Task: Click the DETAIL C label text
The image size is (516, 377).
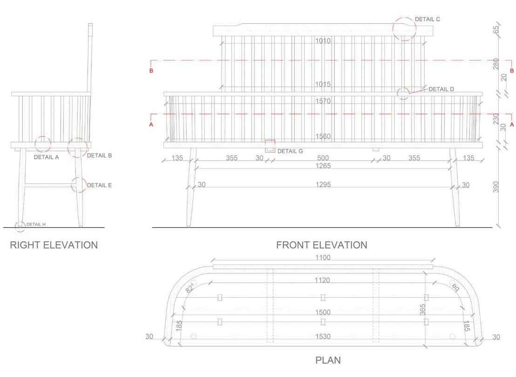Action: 427,20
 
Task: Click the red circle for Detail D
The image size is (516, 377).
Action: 403,93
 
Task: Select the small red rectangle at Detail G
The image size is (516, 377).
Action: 270,146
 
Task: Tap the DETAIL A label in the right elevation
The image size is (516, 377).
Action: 46,157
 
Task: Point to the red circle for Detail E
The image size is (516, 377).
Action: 79,185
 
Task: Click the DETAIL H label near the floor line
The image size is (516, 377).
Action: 36,224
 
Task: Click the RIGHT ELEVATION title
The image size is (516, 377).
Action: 54,245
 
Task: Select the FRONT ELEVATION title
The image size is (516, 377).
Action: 321,245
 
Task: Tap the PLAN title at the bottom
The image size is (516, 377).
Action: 328,360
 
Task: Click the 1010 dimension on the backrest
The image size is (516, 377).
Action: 322,41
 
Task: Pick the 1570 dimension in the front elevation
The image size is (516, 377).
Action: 322,101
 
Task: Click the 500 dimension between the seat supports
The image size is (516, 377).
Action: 323,158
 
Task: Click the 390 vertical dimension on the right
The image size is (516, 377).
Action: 496,187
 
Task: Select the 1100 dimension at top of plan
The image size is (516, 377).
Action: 322,257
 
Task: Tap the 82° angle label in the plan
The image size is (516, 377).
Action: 190,288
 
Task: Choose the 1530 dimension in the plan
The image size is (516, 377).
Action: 322,337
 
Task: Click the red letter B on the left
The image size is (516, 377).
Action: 151,71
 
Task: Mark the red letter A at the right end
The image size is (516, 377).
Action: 512,124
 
